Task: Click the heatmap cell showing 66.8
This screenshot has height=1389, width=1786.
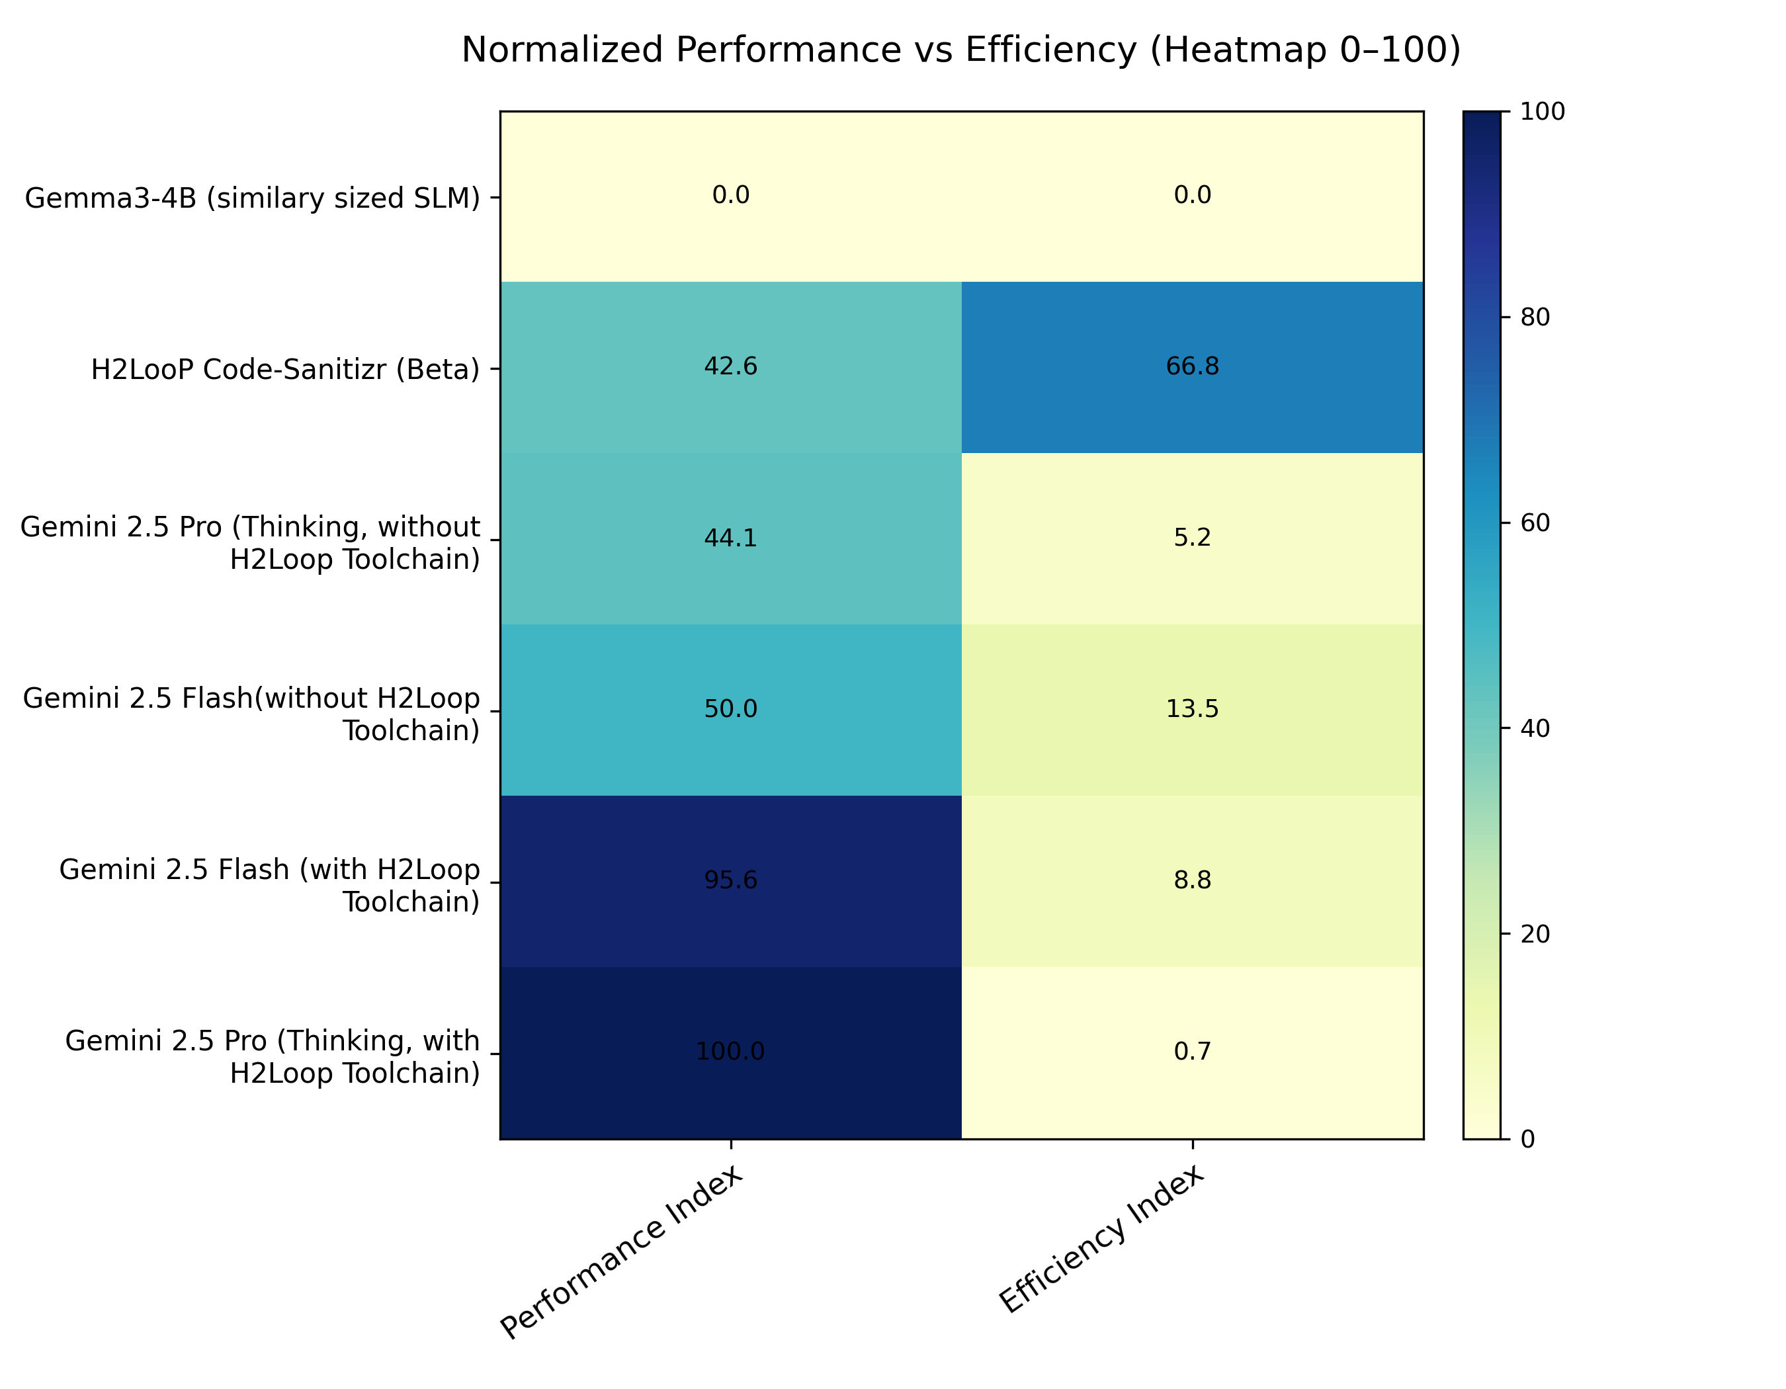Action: pyautogui.click(x=1191, y=366)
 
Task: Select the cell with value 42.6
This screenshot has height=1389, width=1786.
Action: pyautogui.click(x=730, y=366)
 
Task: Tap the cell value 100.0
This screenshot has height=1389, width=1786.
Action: pyautogui.click(x=730, y=1052)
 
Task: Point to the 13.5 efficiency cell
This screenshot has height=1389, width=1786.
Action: pyautogui.click(x=1191, y=709)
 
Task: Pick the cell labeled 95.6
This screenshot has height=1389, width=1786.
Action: pyautogui.click(x=730, y=880)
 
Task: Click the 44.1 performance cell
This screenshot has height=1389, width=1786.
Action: pyautogui.click(x=730, y=538)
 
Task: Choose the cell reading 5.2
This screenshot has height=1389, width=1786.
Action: pyautogui.click(x=1191, y=538)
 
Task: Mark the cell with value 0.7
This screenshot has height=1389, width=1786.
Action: pyautogui.click(x=1191, y=1052)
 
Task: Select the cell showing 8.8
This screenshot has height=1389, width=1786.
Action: pyautogui.click(x=1191, y=880)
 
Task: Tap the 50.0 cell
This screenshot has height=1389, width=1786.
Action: pyautogui.click(x=730, y=709)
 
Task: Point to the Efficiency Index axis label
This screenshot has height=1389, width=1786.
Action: pyautogui.click(x=1101, y=1240)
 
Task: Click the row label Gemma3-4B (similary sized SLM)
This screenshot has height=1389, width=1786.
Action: pyautogui.click(x=253, y=198)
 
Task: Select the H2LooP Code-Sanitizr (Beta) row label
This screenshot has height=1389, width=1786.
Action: pyautogui.click(x=285, y=370)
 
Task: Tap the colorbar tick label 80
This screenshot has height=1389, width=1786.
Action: pyautogui.click(x=1535, y=317)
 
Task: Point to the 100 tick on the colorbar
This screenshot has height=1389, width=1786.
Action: pyautogui.click(x=1541, y=112)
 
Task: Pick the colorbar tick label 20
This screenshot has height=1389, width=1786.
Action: pyautogui.click(x=1535, y=935)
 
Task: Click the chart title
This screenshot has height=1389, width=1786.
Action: pyautogui.click(x=961, y=50)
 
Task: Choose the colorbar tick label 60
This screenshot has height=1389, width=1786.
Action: pyautogui.click(x=1535, y=523)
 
